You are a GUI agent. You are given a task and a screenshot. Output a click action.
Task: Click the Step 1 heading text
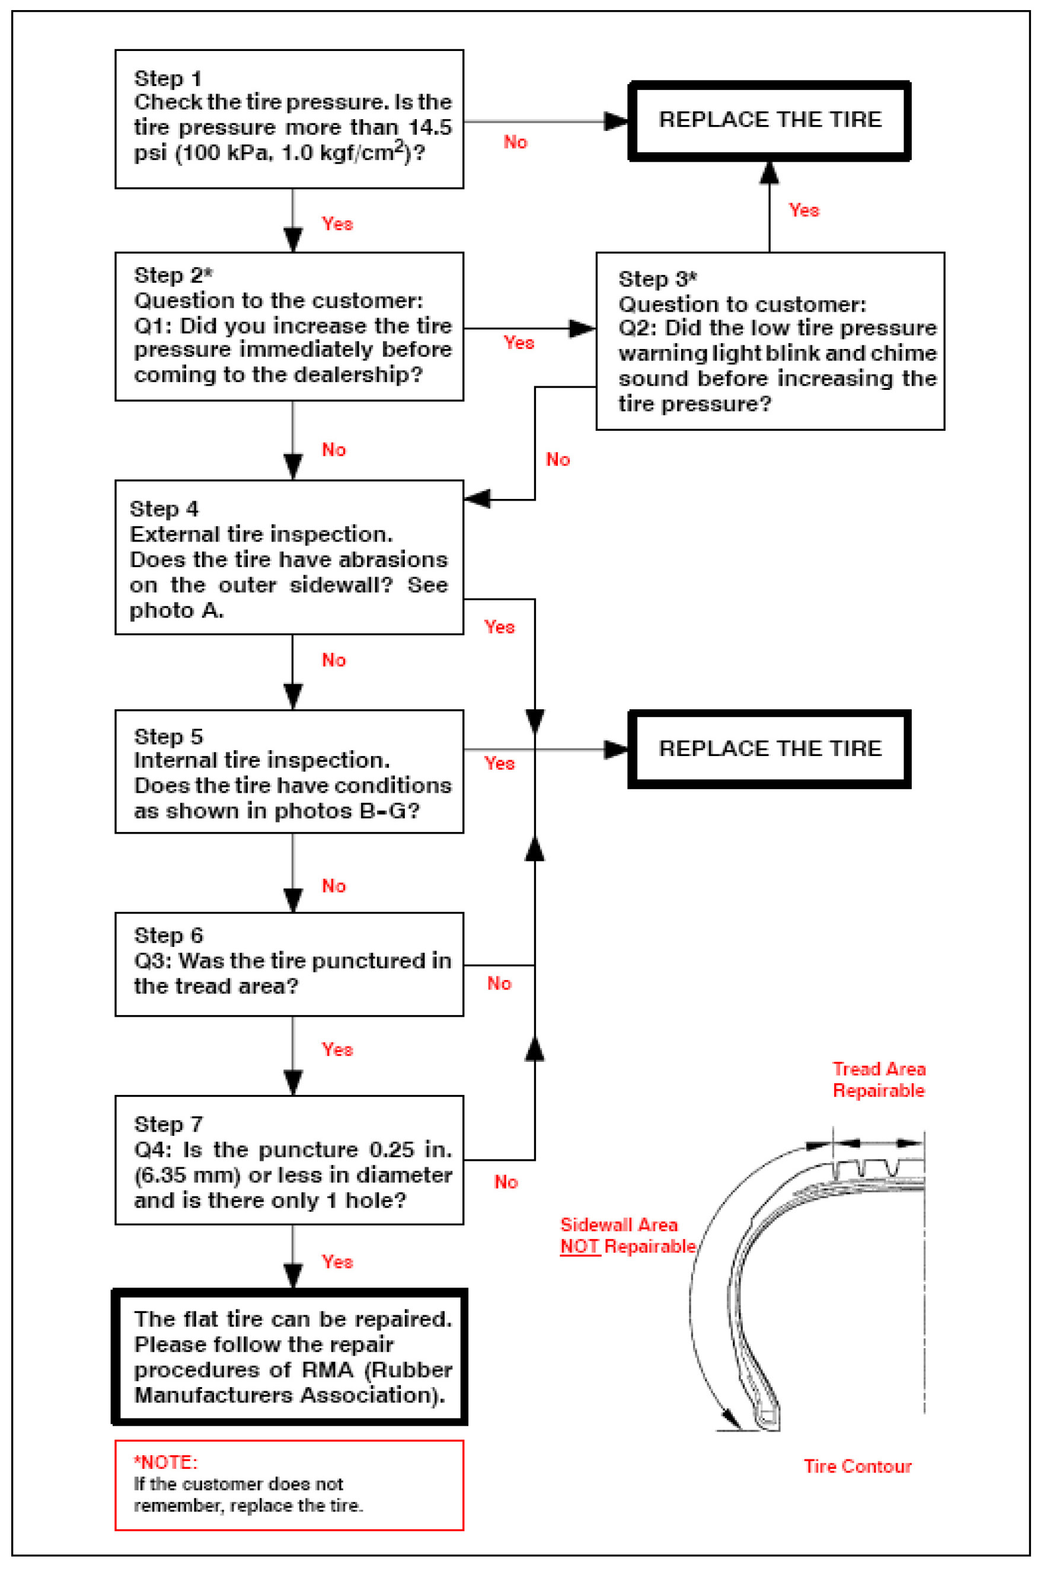pos(167,78)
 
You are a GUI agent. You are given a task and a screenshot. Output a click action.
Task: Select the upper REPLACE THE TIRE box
pos(769,121)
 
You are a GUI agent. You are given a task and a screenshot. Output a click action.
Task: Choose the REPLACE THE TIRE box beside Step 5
pos(769,749)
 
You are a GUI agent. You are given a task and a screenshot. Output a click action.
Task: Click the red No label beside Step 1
pos(515,142)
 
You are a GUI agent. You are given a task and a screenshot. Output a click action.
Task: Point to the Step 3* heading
pos(657,278)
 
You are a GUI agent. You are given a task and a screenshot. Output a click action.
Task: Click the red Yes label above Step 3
pos(803,210)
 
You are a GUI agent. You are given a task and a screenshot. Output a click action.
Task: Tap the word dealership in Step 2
pos(352,375)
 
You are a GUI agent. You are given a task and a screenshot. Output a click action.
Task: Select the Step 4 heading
pos(164,509)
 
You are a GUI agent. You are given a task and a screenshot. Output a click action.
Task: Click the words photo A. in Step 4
pos(177,610)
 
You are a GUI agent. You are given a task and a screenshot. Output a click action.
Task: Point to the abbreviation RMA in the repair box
pos(327,1370)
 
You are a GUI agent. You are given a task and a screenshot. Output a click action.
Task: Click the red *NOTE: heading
pos(165,1462)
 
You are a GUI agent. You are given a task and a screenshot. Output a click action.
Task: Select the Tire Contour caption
pos(857,1466)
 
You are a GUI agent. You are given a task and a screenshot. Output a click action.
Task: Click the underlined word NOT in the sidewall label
pos(580,1247)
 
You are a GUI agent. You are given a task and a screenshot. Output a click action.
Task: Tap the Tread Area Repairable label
pos(879,1080)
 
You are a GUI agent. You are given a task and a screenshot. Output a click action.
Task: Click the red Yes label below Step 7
pos(337,1262)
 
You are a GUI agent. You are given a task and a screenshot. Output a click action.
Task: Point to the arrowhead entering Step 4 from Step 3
pos(477,499)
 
